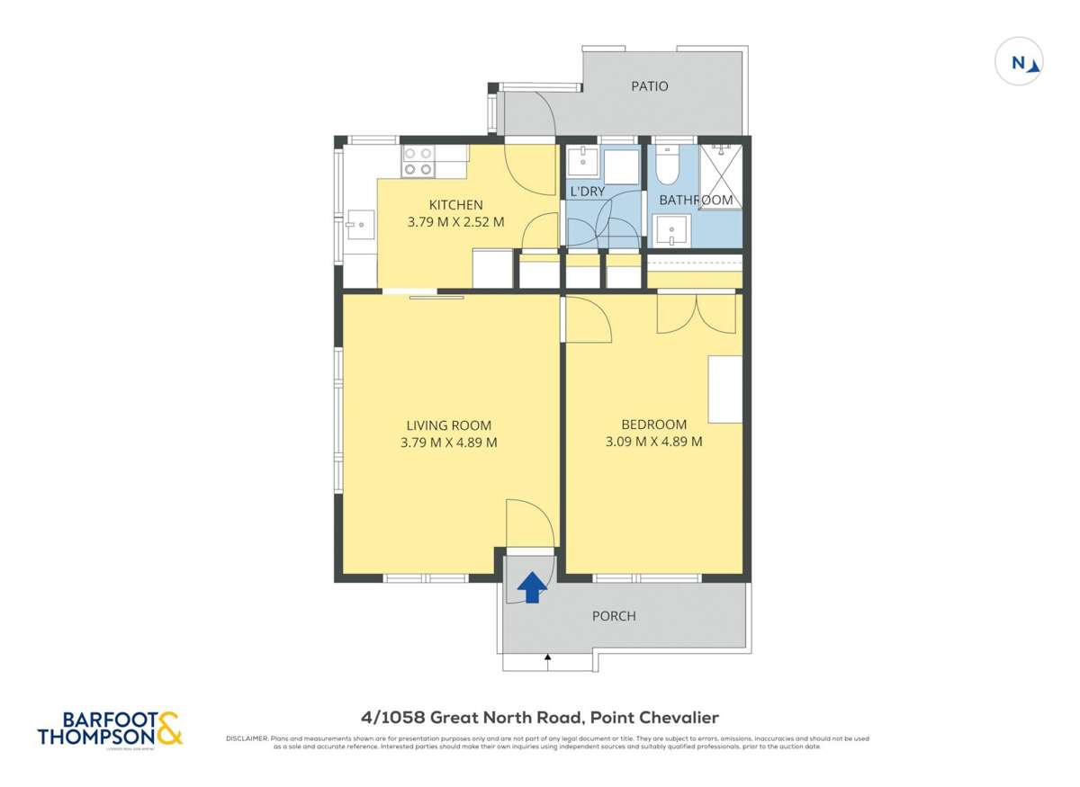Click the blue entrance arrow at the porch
(x=533, y=587)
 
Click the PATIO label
(x=649, y=86)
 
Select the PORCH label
(x=614, y=616)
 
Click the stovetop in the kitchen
(x=417, y=161)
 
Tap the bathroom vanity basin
(x=670, y=229)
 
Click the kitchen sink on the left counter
(x=360, y=225)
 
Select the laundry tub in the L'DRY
(x=581, y=163)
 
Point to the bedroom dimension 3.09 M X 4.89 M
(x=654, y=442)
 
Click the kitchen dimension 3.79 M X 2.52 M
(x=454, y=221)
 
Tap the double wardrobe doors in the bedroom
(x=696, y=312)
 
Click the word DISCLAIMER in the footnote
(x=246, y=738)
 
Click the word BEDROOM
(x=653, y=425)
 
